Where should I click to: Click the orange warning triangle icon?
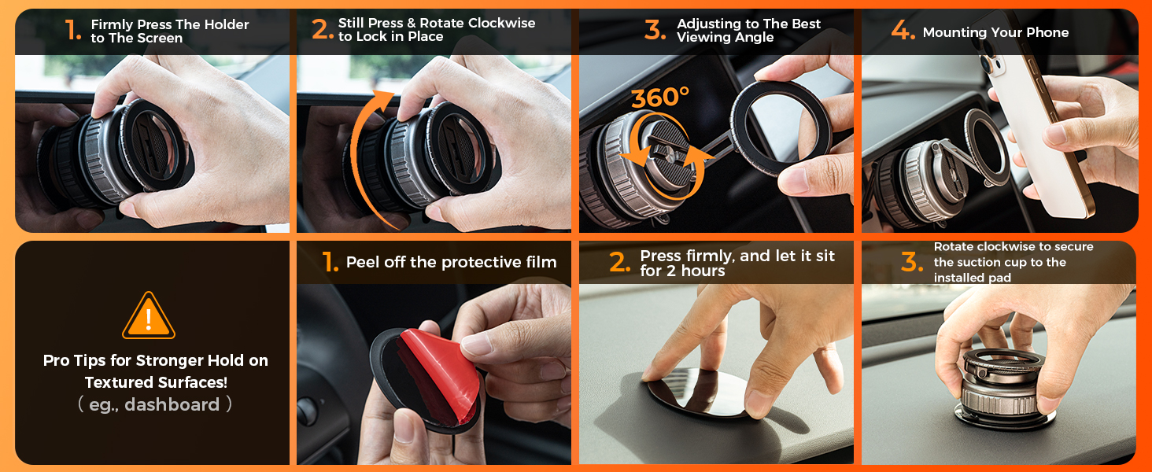tap(149, 315)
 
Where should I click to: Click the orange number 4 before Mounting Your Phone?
tap(903, 31)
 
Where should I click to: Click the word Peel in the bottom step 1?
tap(363, 262)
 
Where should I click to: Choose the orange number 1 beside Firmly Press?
tap(73, 31)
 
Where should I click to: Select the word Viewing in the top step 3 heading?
tap(706, 38)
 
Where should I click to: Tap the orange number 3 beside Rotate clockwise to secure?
tap(911, 263)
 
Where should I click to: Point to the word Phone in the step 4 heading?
tap(1047, 32)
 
